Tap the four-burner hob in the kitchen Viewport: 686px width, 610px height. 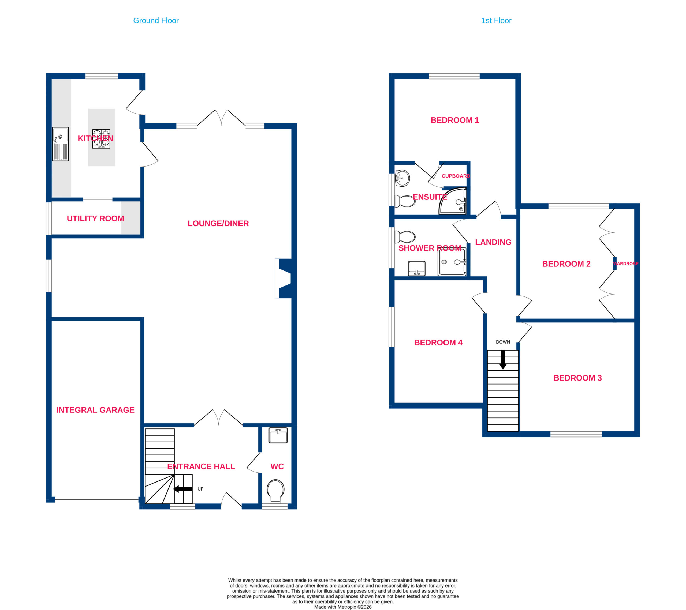pos(101,139)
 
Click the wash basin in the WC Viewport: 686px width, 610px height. pos(278,435)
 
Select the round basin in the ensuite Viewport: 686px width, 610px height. pos(402,178)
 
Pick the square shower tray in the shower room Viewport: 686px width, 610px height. pos(452,262)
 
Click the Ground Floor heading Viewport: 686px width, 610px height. pos(156,21)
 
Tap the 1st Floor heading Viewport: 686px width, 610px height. pos(496,21)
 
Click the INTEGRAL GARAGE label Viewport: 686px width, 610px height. pos(95,410)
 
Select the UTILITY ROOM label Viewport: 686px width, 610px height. pos(95,219)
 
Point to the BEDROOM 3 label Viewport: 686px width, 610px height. pos(577,378)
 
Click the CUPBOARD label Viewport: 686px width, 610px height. pos(456,176)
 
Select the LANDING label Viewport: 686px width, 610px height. pos(493,242)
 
